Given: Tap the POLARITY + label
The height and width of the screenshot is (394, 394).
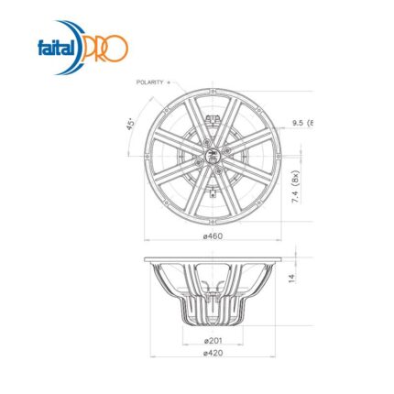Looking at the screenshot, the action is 153,82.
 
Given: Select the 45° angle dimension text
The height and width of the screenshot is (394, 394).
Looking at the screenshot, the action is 131,125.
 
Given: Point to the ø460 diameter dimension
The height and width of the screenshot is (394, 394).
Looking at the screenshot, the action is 213,235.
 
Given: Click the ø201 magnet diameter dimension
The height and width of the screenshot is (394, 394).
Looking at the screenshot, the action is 213,340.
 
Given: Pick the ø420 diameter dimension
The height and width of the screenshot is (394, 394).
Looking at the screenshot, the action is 213,353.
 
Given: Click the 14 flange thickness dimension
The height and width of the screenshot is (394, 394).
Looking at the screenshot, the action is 292,279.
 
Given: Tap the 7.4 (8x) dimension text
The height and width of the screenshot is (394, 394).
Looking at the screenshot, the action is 296,187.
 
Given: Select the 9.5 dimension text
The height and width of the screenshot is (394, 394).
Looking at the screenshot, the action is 298,123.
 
